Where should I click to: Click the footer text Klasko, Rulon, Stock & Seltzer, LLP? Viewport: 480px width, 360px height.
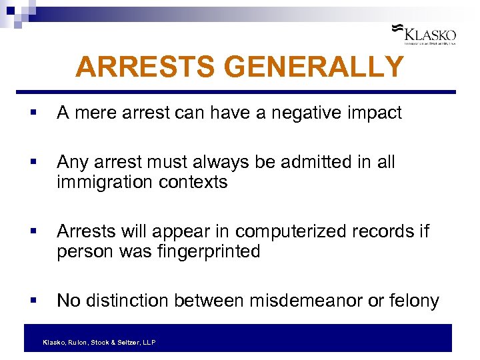99,342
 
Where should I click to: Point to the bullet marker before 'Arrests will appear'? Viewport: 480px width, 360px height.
33,232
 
